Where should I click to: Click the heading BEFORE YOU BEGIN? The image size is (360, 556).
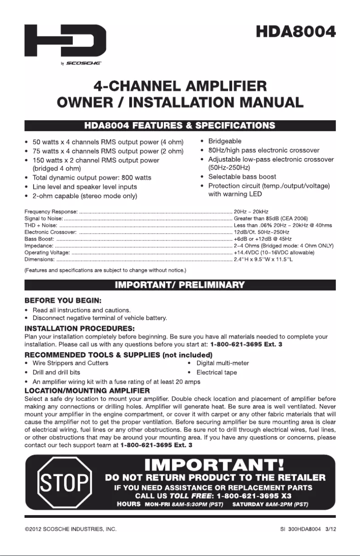click(x=63, y=300)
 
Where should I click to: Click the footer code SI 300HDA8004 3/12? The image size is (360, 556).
click(x=304, y=530)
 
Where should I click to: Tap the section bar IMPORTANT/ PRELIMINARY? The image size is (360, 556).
click(x=180, y=285)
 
